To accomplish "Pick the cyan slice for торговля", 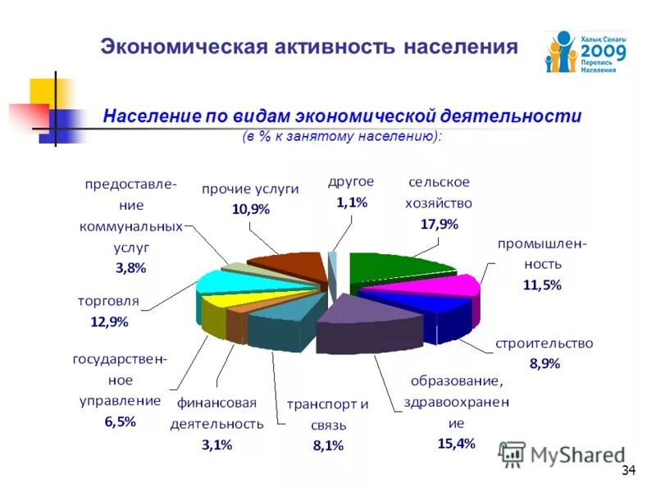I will [234, 283].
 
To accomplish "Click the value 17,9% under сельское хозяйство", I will [439, 224].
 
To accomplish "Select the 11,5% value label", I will [542, 285].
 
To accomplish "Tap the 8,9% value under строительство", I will [544, 364].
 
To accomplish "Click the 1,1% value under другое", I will [351, 203].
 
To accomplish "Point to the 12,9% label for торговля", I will [109, 321].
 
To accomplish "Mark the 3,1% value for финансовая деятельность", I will [216, 444].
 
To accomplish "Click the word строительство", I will [544, 343].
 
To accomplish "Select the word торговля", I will [108, 301].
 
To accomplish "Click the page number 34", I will [629, 470].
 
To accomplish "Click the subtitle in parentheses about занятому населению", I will [341, 135].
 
